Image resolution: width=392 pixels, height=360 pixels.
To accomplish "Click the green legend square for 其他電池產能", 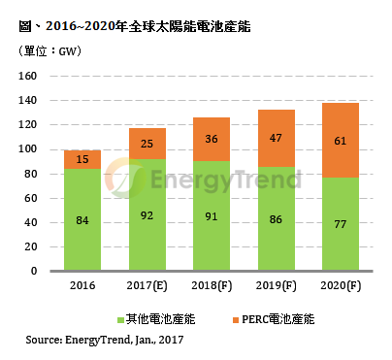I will pos(120,318).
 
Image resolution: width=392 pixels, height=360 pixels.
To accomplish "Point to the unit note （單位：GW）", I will pos(49,52).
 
